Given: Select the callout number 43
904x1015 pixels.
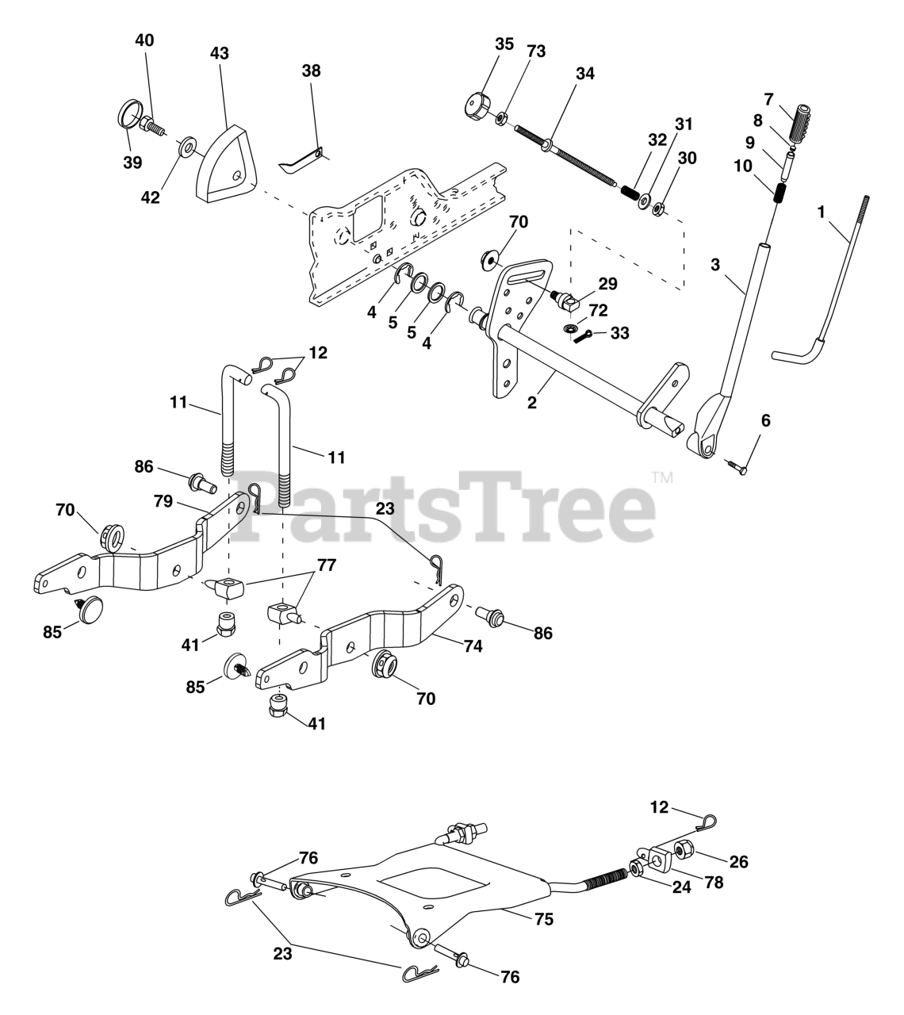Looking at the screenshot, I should tap(220, 53).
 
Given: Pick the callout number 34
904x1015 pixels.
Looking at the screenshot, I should tap(585, 74).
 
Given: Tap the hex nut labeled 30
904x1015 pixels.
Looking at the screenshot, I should tap(658, 209).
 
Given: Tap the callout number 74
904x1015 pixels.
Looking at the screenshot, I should tap(473, 645).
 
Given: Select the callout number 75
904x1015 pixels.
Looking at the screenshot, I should tap(544, 919).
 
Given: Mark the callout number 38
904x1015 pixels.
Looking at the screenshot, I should tap(312, 71).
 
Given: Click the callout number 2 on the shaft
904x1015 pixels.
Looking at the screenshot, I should tap(531, 403).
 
